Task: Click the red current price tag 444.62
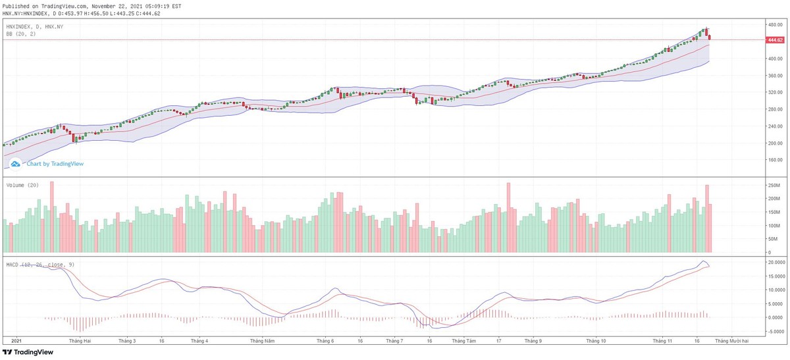tap(775, 40)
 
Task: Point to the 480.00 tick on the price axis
tap(775, 24)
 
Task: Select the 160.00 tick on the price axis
tap(775, 160)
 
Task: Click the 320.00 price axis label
tap(775, 92)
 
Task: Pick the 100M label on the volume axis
tap(774, 226)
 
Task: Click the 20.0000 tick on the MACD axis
tap(776, 262)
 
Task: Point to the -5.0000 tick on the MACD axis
tap(776, 331)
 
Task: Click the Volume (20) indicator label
tap(22, 186)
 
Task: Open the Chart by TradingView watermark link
tap(54, 164)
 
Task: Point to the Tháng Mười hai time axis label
tap(731, 341)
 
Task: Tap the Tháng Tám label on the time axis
tap(461, 341)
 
